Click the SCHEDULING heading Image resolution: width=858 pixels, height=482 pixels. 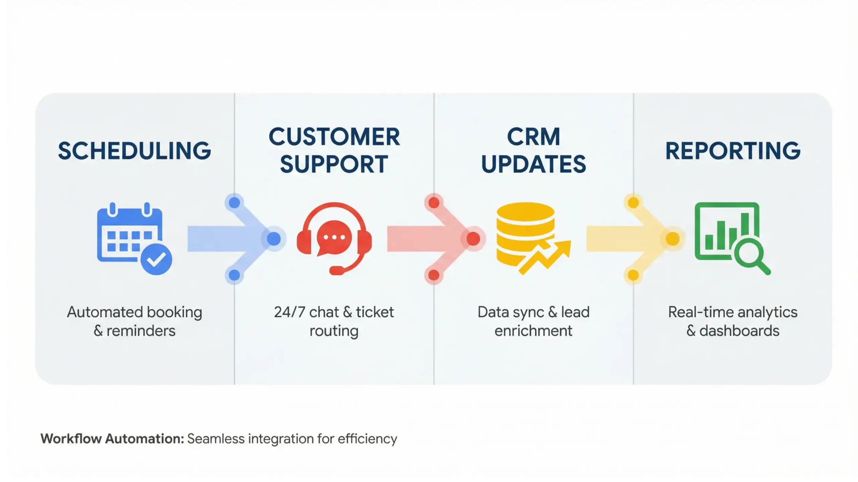(134, 151)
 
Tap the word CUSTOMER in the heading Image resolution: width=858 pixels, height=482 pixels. (334, 137)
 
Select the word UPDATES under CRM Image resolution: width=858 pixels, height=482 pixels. (534, 164)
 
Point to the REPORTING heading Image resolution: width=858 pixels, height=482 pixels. (733, 151)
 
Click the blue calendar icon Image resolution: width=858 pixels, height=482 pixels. (129, 235)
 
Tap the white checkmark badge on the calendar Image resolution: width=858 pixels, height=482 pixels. (156, 259)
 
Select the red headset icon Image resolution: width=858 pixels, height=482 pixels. (334, 238)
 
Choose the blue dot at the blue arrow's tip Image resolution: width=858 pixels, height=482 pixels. (274, 239)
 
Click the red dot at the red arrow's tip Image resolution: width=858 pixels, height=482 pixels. (473, 239)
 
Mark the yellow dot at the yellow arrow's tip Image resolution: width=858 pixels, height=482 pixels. (672, 239)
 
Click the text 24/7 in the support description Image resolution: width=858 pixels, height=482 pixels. (290, 312)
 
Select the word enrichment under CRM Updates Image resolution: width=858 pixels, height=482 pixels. (533, 331)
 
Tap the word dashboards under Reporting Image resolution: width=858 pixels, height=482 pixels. (739, 331)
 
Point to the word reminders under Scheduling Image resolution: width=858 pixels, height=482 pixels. (141, 331)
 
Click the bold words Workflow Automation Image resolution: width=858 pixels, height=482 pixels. (112, 439)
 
